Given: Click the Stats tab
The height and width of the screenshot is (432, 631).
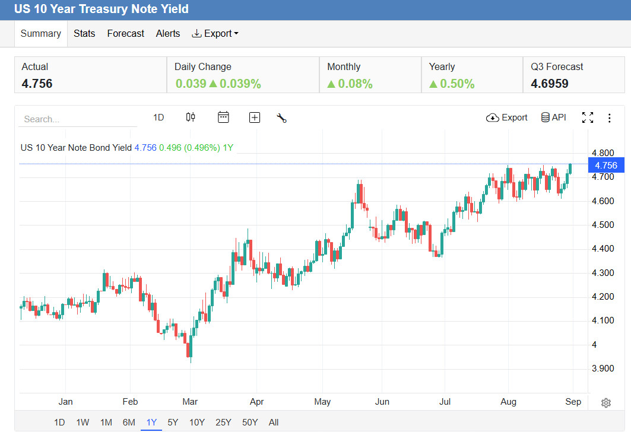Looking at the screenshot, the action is pyautogui.click(x=84, y=33).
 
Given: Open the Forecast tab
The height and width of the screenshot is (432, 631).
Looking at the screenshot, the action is pyautogui.click(x=126, y=33).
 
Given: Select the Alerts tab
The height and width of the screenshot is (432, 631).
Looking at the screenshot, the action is pyautogui.click(x=168, y=33).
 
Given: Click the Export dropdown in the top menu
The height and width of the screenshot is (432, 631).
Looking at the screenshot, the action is pyautogui.click(x=215, y=33).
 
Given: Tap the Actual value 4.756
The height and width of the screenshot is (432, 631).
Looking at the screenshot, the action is pyautogui.click(x=37, y=84).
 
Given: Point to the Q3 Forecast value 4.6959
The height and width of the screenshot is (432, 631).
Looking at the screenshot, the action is pyautogui.click(x=550, y=84).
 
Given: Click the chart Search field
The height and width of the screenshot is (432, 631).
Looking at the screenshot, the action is pyautogui.click(x=78, y=119).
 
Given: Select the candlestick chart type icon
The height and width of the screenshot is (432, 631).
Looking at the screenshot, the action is pyautogui.click(x=191, y=117).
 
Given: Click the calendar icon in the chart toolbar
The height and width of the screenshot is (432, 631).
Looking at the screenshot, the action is pyautogui.click(x=223, y=117).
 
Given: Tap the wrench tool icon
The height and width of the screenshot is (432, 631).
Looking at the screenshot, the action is pyautogui.click(x=282, y=118).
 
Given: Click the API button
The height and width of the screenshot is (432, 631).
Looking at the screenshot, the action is pyautogui.click(x=554, y=117).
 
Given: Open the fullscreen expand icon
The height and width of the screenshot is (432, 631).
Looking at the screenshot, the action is pyautogui.click(x=588, y=117).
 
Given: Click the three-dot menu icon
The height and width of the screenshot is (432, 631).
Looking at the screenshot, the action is pyautogui.click(x=609, y=118).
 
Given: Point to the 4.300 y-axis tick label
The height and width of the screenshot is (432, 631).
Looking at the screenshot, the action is pyautogui.click(x=603, y=273).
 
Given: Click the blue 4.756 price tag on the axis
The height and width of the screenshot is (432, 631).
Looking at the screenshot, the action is pyautogui.click(x=606, y=165).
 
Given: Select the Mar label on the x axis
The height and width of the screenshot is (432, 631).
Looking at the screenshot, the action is pyautogui.click(x=190, y=401).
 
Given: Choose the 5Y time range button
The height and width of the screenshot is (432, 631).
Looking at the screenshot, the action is pyautogui.click(x=173, y=423).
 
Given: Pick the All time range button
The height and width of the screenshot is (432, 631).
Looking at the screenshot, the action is pyautogui.click(x=274, y=423).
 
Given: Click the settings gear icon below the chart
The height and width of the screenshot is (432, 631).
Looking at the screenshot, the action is pyautogui.click(x=606, y=403).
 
